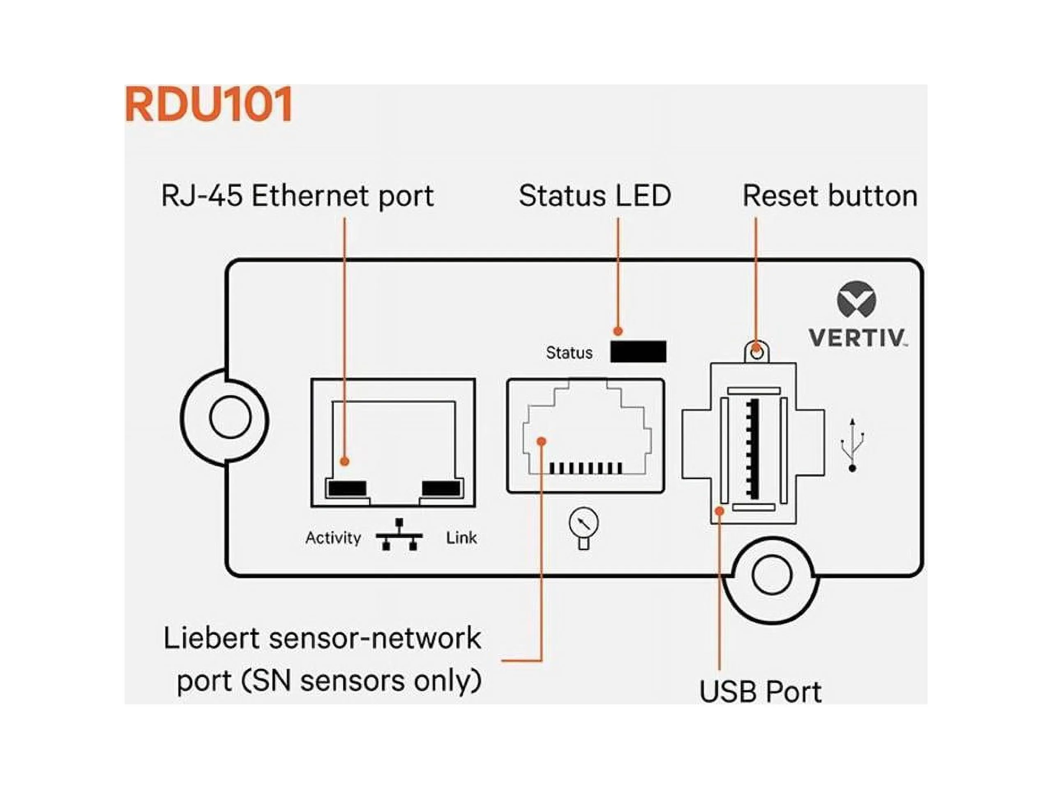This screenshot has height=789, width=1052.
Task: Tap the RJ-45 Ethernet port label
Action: tap(298, 196)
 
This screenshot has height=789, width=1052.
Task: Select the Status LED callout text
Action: tap(595, 196)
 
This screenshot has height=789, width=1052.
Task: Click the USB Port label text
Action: tap(760, 692)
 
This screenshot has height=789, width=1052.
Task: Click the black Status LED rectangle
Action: tap(638, 351)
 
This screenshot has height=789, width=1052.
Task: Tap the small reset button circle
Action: tap(756, 353)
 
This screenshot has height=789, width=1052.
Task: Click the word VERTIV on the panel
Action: tap(857, 338)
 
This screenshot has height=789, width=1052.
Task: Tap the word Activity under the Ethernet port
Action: tap(333, 538)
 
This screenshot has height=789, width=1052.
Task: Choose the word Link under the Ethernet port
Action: tap(461, 538)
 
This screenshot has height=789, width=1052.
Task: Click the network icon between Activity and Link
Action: tap(399, 535)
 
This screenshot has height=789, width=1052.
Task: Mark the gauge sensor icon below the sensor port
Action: tap(584, 528)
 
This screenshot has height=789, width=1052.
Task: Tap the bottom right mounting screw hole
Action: tap(771, 575)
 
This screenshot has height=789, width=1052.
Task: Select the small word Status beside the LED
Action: tap(569, 353)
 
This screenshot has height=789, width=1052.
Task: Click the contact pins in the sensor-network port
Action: tap(585, 468)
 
